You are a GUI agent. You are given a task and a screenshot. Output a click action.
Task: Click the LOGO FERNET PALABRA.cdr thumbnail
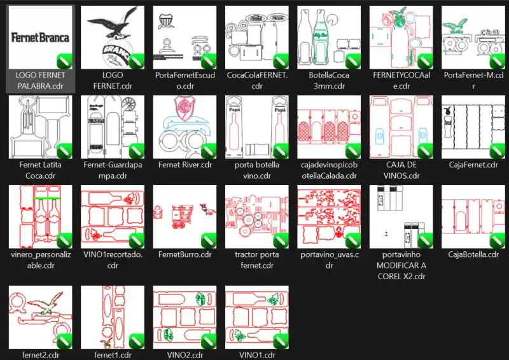40,38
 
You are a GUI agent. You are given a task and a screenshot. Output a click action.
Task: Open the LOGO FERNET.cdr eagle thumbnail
113,38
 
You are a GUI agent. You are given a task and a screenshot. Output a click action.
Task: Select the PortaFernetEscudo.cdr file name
185,80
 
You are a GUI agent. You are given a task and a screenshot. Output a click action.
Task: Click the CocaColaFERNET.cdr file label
257,80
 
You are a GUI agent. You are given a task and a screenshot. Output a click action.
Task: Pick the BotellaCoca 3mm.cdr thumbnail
329,38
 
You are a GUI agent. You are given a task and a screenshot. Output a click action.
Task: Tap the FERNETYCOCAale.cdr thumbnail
401,38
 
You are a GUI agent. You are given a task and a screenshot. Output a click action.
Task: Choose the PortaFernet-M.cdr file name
473,80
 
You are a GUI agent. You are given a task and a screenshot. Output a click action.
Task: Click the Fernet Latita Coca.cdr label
40,170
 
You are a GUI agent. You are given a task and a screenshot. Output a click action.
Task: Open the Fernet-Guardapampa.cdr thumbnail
113,127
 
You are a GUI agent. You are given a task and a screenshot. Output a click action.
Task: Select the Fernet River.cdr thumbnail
185,127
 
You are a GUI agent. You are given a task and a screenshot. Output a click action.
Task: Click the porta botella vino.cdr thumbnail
257,127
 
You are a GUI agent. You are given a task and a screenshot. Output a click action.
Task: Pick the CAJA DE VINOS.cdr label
401,170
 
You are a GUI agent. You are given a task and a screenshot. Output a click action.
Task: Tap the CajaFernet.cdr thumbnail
473,127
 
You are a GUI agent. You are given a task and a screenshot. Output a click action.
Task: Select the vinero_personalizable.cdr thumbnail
40,217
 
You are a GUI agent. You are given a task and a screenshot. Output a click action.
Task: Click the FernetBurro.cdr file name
185,254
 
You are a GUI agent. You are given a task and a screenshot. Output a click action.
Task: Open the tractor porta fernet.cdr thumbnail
257,217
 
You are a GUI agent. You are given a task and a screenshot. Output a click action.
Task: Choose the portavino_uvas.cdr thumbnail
329,217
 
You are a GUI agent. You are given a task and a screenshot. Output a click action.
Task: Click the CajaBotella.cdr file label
473,254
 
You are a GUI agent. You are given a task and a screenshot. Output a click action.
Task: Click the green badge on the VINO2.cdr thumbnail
208,340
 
